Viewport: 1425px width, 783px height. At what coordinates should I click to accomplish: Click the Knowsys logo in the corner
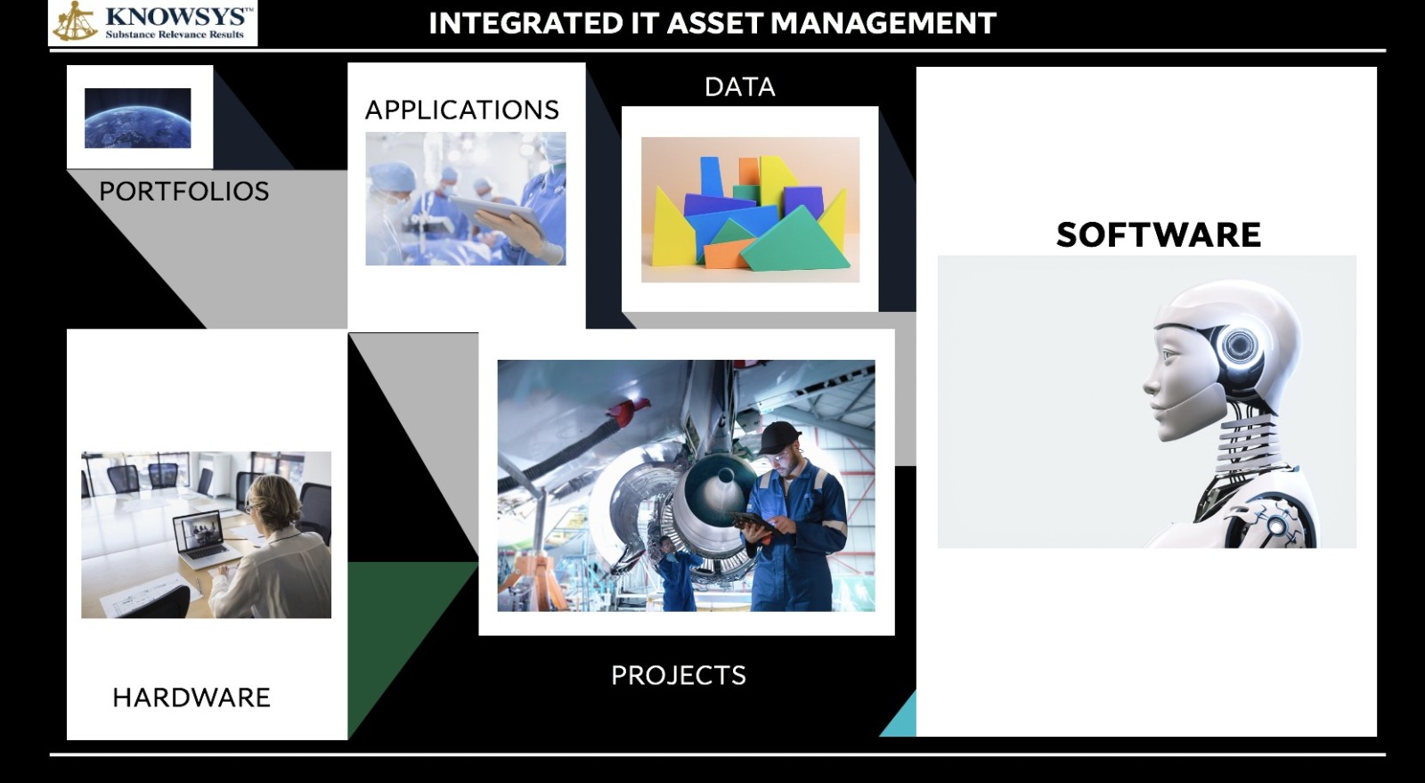(x=152, y=23)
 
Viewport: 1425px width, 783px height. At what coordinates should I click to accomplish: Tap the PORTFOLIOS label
(x=183, y=192)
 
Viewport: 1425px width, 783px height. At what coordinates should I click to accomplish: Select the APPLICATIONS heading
(x=461, y=110)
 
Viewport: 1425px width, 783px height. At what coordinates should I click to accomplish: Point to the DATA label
(x=739, y=87)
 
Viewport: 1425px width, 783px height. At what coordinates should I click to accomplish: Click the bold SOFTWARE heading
(x=1158, y=235)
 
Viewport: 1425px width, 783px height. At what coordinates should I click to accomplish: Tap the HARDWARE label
(x=191, y=697)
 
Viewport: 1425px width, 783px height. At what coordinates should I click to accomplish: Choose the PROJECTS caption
(x=678, y=675)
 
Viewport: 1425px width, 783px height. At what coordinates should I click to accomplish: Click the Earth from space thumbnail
(x=138, y=118)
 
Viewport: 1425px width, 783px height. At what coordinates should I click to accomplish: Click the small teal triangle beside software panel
(x=901, y=718)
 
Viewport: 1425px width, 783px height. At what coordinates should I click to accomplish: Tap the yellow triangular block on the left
(x=670, y=231)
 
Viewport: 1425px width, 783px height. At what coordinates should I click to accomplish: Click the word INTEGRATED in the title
(x=525, y=23)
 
